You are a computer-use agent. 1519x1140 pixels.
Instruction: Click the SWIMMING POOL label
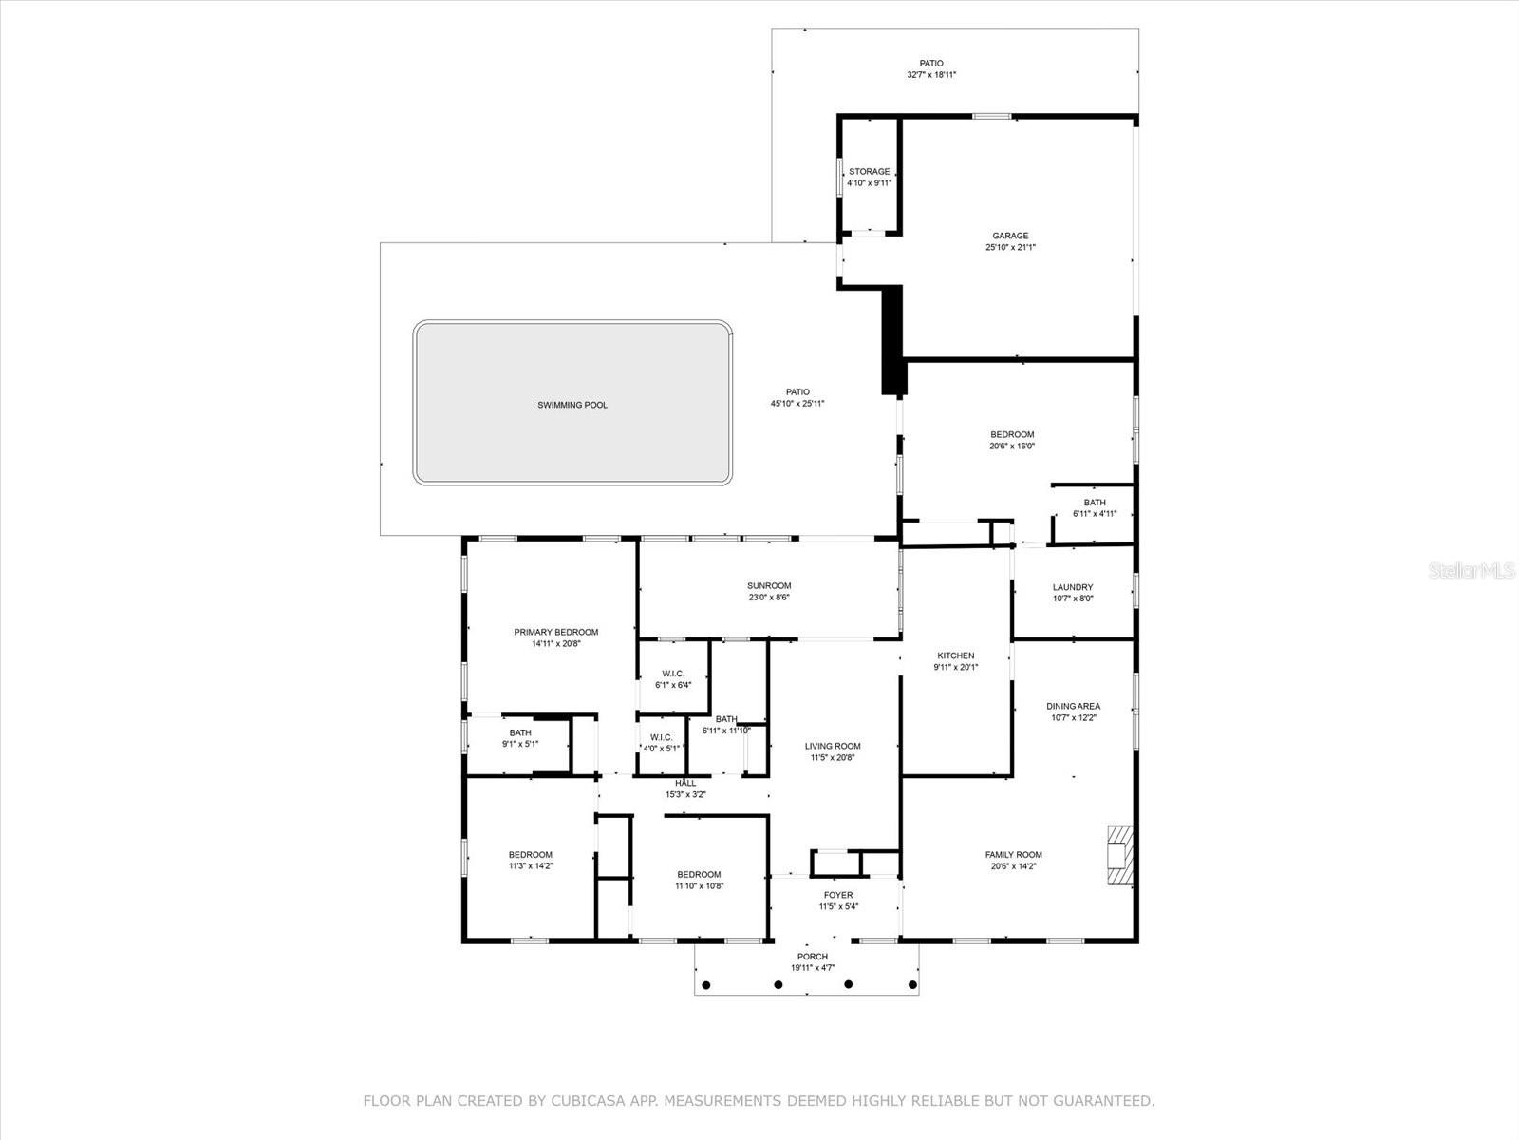572,405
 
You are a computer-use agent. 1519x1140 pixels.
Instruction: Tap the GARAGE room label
1010,236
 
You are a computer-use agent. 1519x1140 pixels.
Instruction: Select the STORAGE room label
869,172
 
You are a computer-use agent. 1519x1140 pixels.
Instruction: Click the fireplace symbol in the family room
1120,855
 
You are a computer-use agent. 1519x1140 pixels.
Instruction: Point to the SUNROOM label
768,586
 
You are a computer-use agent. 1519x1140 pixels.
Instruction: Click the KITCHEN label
955,655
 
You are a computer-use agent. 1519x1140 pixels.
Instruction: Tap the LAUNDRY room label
1072,587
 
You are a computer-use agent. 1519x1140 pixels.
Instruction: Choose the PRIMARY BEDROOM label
555,632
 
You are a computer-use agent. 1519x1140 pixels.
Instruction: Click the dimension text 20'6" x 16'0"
1012,446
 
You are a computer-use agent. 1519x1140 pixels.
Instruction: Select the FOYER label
837,895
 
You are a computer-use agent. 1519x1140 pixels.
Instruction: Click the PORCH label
813,957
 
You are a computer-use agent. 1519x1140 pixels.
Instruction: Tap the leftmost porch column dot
705,984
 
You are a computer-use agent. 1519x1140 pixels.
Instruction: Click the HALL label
685,783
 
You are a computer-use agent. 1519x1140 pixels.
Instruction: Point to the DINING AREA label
1073,706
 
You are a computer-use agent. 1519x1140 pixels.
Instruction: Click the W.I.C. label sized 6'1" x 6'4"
673,674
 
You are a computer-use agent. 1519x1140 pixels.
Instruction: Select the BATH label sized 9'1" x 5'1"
519,732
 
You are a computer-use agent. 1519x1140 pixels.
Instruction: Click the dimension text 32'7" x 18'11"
930,74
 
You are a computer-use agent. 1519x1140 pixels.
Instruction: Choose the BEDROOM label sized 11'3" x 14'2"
530,854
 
